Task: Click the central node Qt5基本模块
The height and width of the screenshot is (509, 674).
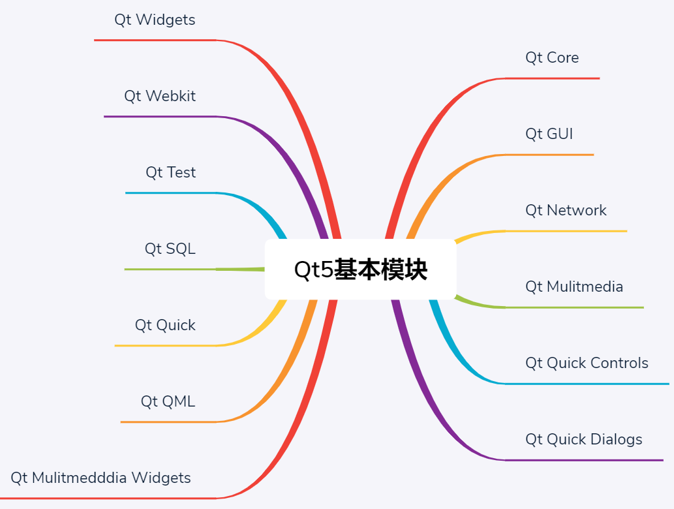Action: click(360, 270)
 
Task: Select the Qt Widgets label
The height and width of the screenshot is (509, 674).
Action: click(155, 20)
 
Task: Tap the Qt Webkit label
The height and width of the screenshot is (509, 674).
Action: click(160, 96)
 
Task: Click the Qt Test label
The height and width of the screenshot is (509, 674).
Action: click(170, 172)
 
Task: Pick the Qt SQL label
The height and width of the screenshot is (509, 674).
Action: click(170, 249)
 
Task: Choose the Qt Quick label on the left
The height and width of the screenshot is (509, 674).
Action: click(165, 325)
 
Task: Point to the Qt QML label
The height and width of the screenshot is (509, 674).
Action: click(168, 401)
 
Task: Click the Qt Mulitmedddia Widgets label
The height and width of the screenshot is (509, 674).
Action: click(100, 478)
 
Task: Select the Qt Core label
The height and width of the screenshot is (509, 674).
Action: click(552, 57)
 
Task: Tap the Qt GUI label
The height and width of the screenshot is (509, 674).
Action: click(549, 134)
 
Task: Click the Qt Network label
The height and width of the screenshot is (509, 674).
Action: click(566, 210)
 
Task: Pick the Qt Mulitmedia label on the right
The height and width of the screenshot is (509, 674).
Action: click(574, 286)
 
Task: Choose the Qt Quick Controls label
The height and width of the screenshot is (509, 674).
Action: click(587, 363)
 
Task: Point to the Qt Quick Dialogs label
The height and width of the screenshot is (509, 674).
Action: click(583, 439)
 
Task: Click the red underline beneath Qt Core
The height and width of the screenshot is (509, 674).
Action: click(552, 78)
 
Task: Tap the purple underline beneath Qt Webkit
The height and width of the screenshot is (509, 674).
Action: click(160, 117)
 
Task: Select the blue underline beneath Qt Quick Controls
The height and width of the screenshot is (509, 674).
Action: click(587, 384)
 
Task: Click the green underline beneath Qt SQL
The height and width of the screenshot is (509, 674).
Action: click(170, 270)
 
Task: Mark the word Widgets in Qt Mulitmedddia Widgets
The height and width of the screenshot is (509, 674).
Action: click(161, 478)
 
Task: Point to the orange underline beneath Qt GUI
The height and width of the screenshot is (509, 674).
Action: click(549, 155)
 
